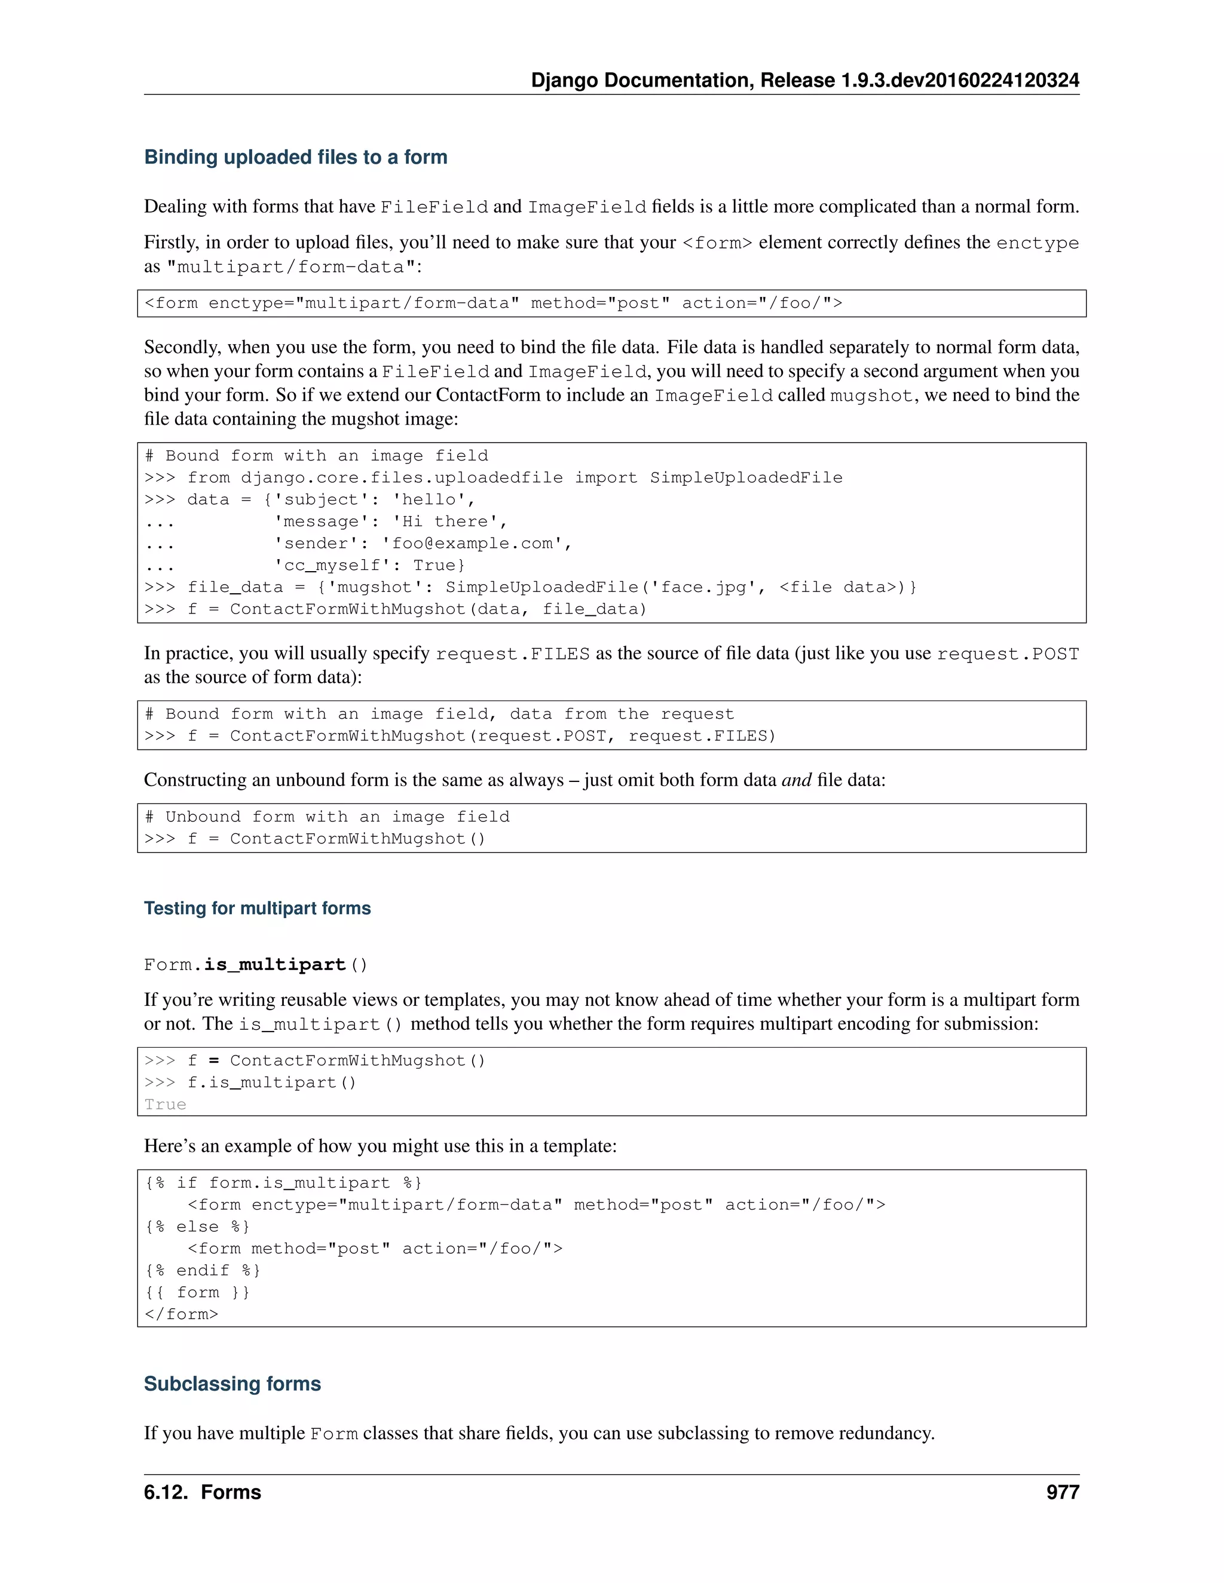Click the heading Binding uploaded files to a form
(x=295, y=157)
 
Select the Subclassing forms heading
(x=232, y=1383)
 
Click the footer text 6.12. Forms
(x=203, y=1492)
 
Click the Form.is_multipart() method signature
(x=255, y=965)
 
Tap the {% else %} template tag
(x=197, y=1226)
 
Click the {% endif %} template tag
(x=203, y=1270)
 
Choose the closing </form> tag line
(x=181, y=1314)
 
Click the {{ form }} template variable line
(x=197, y=1292)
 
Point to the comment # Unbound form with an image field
(x=327, y=817)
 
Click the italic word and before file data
(x=796, y=780)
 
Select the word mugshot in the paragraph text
(x=870, y=395)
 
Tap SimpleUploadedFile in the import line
(x=745, y=478)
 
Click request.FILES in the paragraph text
(x=512, y=654)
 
